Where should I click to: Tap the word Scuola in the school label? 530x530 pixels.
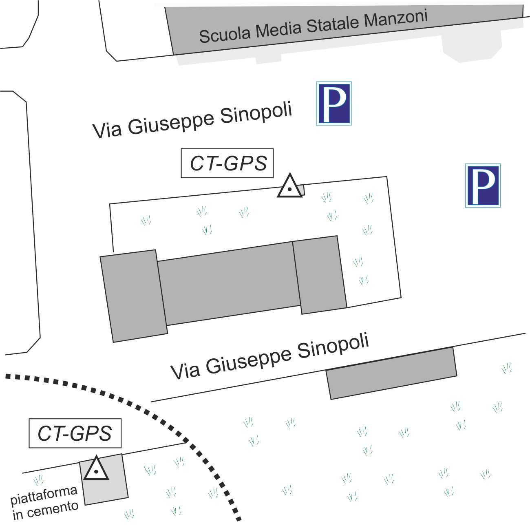[x=224, y=35]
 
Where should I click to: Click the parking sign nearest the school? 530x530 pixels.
[x=334, y=103]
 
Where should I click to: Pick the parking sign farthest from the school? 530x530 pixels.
[x=483, y=185]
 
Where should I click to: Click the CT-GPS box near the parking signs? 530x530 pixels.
[x=227, y=163]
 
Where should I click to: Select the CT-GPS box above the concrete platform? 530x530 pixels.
[x=75, y=433]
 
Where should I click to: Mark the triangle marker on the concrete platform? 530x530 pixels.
[x=96, y=469]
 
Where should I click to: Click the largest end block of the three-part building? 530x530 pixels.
[x=133, y=296]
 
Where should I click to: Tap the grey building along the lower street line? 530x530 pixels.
[x=391, y=373]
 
